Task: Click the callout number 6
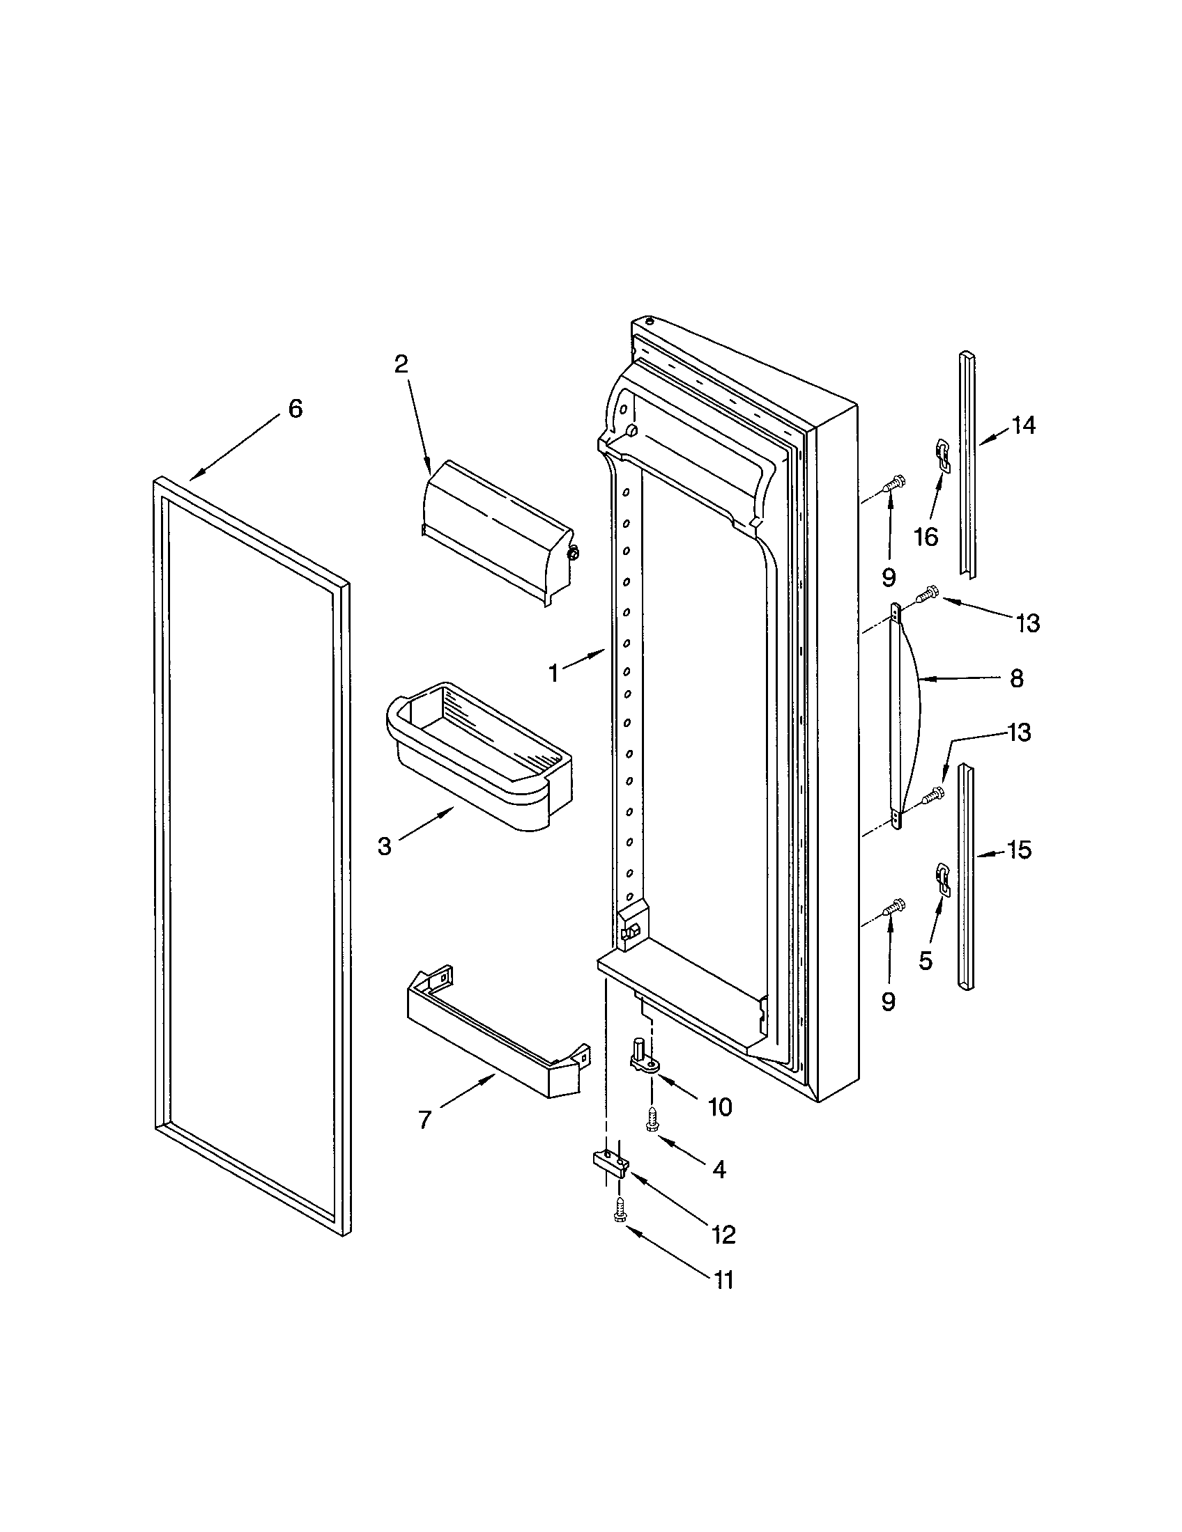(295, 408)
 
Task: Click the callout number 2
(400, 364)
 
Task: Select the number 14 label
(1022, 425)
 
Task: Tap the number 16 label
(926, 538)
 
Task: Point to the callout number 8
(1016, 678)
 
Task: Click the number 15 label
(1019, 850)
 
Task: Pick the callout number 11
(722, 1280)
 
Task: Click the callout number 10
(719, 1107)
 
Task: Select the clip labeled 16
(944, 455)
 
